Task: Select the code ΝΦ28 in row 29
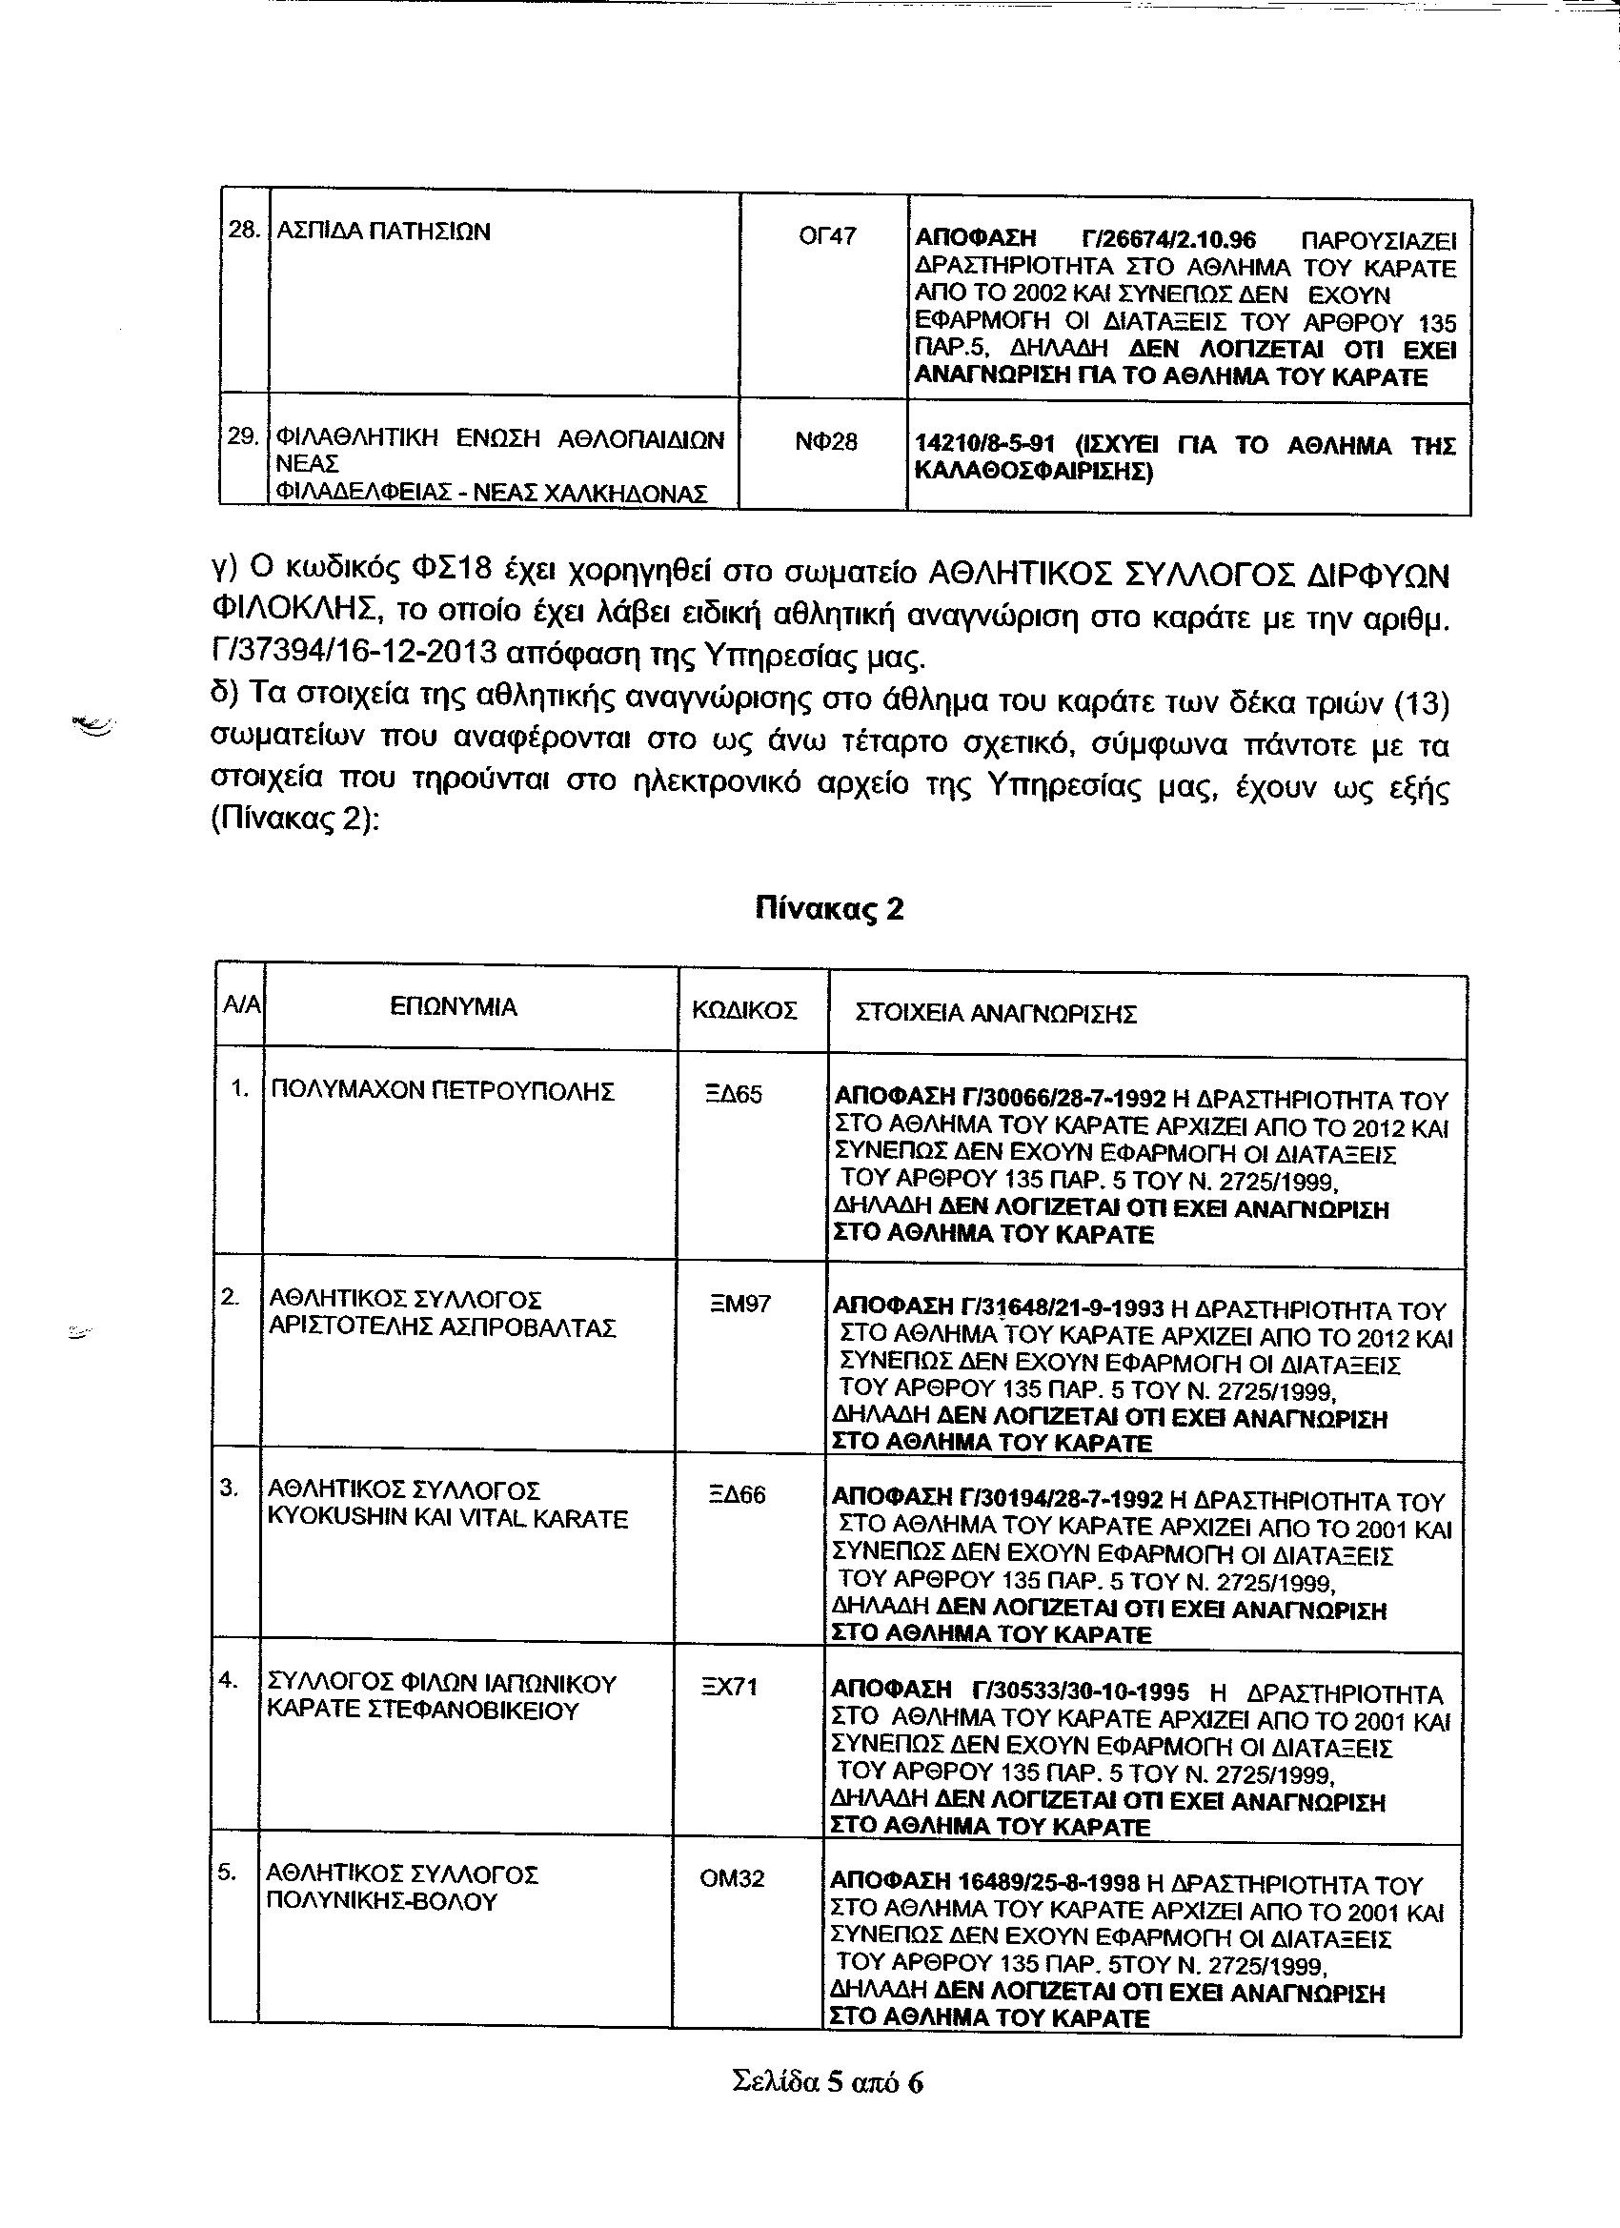[x=825, y=443]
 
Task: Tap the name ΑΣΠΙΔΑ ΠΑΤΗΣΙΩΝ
[x=384, y=233]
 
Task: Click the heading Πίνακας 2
[x=829, y=909]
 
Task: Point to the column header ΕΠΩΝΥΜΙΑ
[x=454, y=1007]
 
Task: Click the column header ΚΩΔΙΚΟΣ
[x=744, y=1011]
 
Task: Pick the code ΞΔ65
[x=734, y=1094]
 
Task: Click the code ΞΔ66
[x=737, y=1496]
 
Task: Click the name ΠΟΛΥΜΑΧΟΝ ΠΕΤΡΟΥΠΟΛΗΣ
[x=442, y=1091]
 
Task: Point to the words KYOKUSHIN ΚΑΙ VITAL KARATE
[x=448, y=1520]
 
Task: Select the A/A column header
[x=242, y=1005]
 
